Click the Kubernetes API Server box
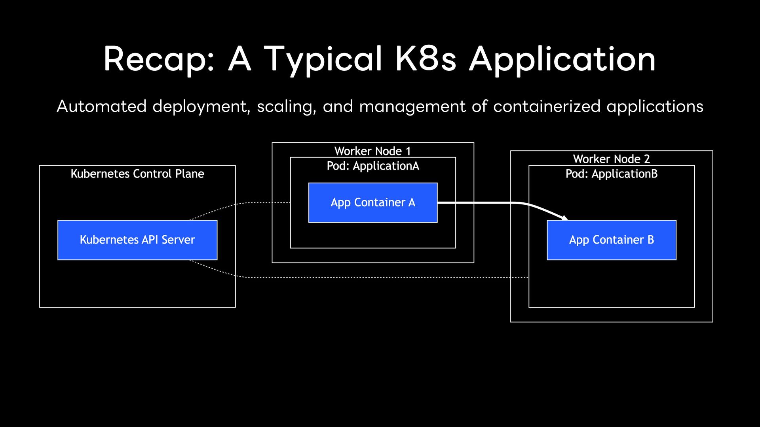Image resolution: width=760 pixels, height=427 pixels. [137, 240]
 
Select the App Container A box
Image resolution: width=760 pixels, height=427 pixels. [373, 203]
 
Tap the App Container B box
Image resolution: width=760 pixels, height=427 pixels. [612, 240]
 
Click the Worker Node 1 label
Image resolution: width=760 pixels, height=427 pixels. [372, 151]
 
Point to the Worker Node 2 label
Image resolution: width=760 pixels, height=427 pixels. [612, 159]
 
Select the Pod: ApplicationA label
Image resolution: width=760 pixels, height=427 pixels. [373, 166]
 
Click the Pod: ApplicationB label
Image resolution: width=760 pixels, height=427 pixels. [612, 174]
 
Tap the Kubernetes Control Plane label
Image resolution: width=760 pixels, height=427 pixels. [137, 174]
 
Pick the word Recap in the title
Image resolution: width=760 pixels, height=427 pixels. [159, 59]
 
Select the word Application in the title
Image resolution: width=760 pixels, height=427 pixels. [562, 59]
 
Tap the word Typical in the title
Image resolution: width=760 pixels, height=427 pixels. [323, 59]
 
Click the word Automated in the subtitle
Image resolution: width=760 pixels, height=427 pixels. [102, 106]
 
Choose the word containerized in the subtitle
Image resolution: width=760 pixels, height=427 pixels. [547, 106]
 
